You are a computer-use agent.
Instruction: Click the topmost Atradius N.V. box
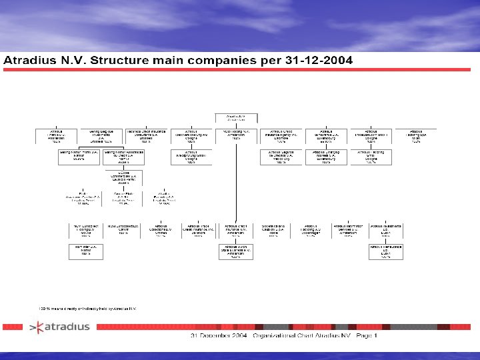coord(235,117)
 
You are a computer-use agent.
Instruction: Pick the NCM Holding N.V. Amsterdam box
coord(235,136)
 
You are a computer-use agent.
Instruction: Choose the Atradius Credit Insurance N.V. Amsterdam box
coord(235,231)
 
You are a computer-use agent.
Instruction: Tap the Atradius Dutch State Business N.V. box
coord(235,251)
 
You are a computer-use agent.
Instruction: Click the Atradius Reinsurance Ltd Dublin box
coord(385,251)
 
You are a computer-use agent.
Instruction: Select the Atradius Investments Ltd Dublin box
coord(385,231)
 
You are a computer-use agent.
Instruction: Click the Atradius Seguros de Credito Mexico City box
coord(279,157)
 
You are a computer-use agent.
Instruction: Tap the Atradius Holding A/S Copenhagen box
coord(311,231)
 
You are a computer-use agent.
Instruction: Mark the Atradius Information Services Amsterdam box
coord(348,231)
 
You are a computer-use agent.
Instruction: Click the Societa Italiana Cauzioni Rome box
coord(273,231)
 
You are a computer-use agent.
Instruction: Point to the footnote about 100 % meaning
coord(87,309)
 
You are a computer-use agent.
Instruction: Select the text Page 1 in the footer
coord(366,335)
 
